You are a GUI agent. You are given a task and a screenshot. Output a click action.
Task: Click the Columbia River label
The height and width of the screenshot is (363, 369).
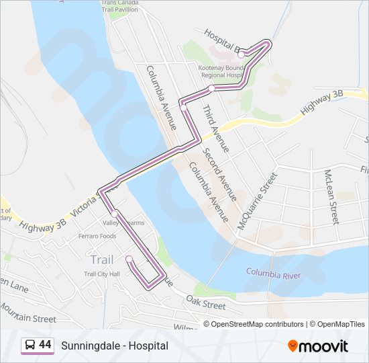(x=273, y=274)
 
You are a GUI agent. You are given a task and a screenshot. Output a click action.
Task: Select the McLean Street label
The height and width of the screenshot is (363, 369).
(x=331, y=196)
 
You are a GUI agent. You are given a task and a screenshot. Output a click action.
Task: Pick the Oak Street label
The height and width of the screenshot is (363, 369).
(x=206, y=305)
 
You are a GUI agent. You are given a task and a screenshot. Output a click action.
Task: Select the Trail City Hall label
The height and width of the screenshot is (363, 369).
(x=101, y=274)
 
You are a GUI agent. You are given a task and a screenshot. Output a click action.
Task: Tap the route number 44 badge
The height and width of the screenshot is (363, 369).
(x=45, y=344)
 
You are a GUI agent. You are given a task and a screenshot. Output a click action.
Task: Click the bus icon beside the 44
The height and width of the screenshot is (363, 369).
(x=30, y=345)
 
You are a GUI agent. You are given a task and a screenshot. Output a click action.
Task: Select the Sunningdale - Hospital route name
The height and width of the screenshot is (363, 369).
(x=115, y=346)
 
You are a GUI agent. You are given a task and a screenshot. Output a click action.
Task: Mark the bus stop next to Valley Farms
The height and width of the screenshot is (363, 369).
(x=115, y=214)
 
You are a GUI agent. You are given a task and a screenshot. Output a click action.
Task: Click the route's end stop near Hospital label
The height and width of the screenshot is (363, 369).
(x=242, y=54)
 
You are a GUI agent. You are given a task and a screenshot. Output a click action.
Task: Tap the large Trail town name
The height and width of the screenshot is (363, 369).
(x=101, y=259)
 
